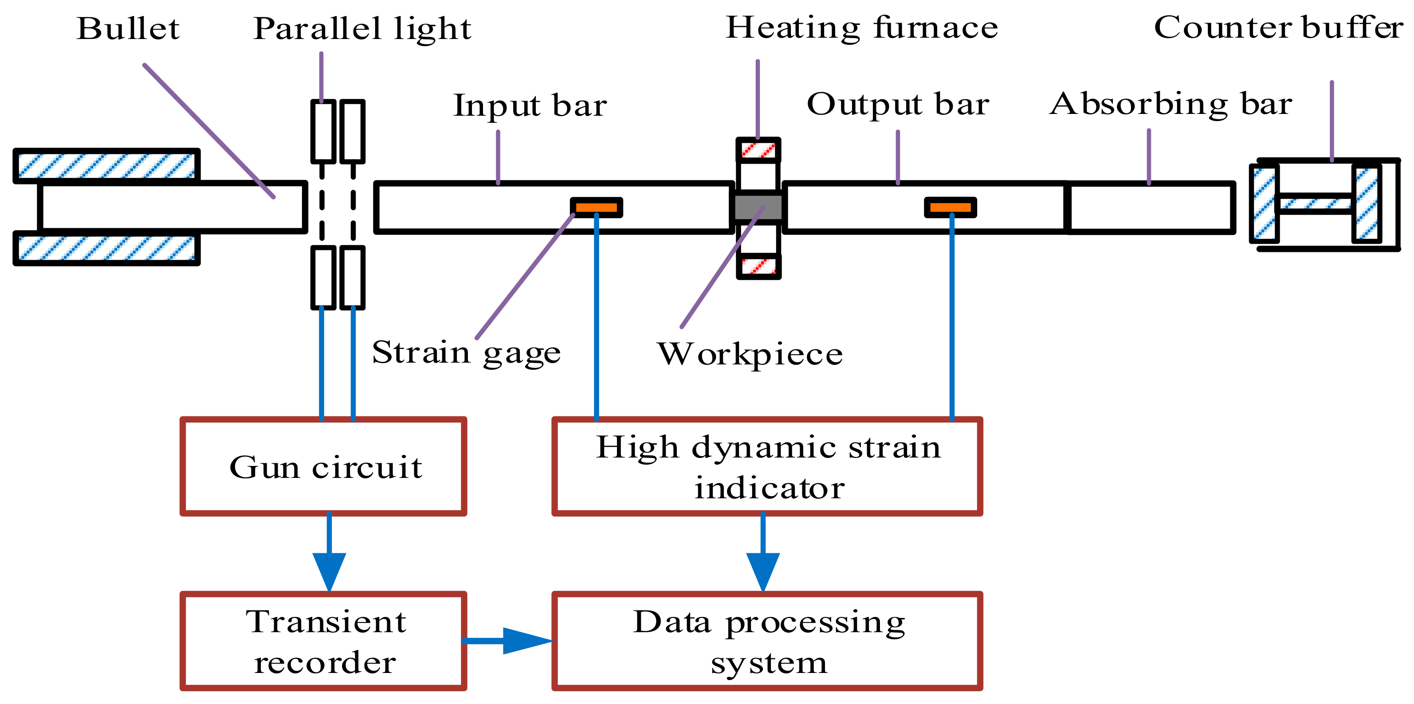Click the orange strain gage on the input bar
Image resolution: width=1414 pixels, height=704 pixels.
597,207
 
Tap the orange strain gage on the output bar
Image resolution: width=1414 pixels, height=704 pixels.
951,207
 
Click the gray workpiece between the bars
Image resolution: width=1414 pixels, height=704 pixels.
758,207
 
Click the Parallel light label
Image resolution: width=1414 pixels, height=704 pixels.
362,30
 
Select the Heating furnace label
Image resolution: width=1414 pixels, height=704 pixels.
862,27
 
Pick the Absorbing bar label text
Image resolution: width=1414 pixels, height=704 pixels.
1171,104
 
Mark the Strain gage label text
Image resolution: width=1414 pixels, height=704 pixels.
467,353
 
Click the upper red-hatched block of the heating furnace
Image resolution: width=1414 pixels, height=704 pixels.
758,150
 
